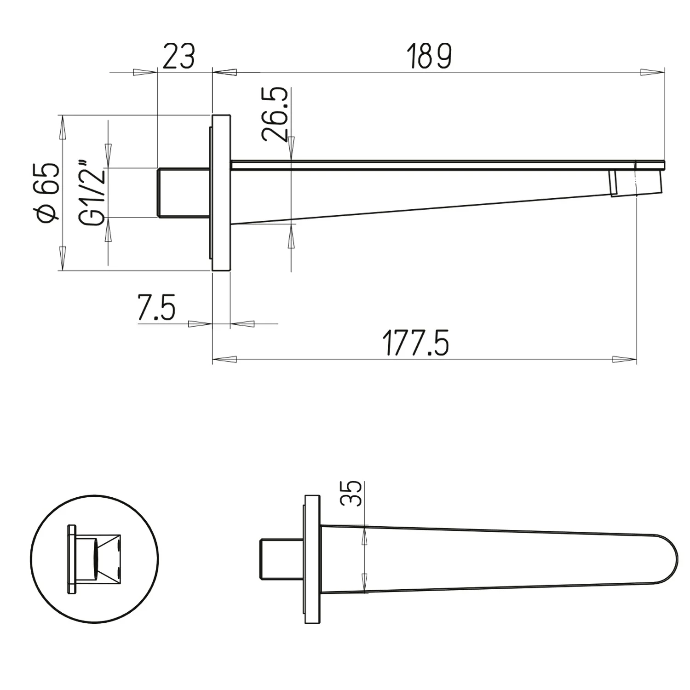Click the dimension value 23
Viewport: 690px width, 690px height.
click(179, 56)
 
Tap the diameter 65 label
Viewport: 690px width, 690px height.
click(49, 193)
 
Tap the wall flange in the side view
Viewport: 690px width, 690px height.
click(220, 193)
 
